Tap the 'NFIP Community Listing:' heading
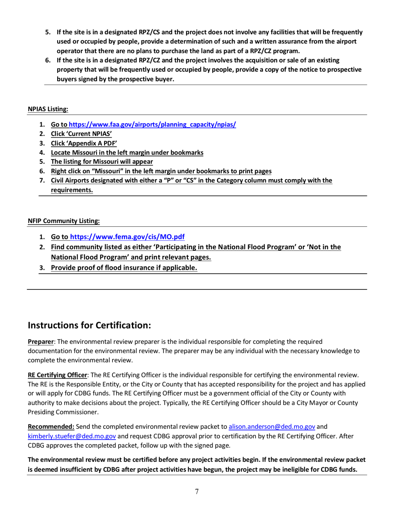pyautogui.click(x=63, y=221)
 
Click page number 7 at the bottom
pyautogui.click(x=197, y=492)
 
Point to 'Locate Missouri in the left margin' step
pyautogui.click(x=127, y=153)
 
